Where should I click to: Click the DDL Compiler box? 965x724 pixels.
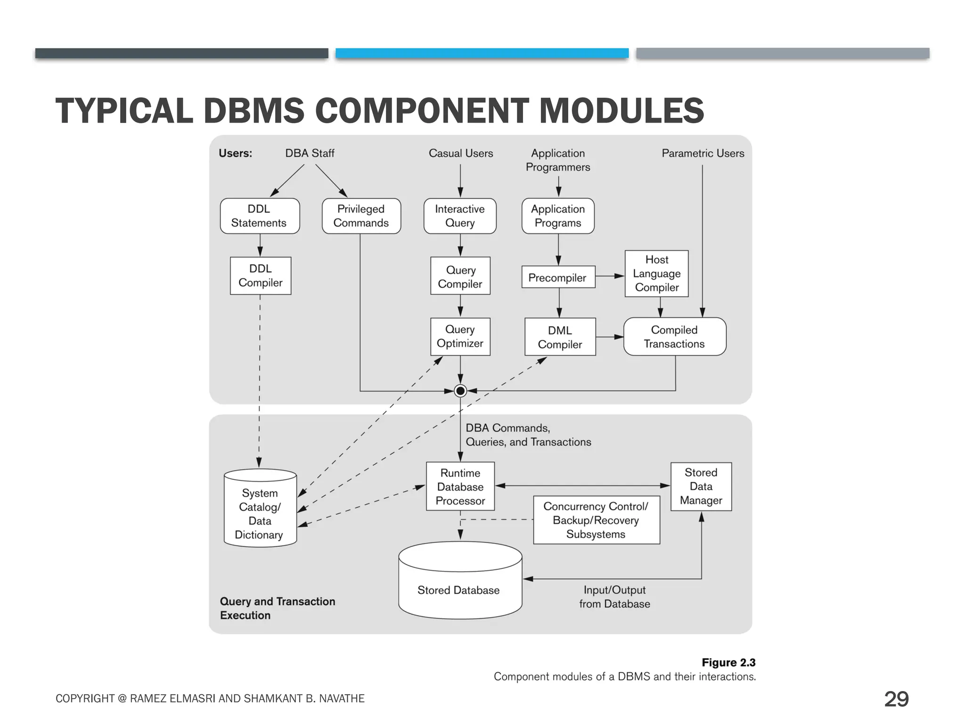pyautogui.click(x=260, y=276)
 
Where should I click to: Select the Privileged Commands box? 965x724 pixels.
pyautogui.click(x=361, y=216)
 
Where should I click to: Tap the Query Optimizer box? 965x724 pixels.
pyautogui.click(x=460, y=337)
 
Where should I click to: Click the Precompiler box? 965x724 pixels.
pyautogui.click(x=558, y=278)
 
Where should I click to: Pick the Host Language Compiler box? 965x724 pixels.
pyautogui.click(x=656, y=273)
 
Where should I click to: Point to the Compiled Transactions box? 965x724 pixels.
pyautogui.click(x=674, y=337)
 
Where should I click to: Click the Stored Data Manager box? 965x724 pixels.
pyautogui.click(x=701, y=486)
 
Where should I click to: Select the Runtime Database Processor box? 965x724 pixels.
pyautogui.click(x=460, y=486)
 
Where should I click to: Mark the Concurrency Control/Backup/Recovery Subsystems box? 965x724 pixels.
pyautogui.click(x=596, y=520)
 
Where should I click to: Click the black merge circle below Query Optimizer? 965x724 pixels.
pyautogui.click(x=460, y=391)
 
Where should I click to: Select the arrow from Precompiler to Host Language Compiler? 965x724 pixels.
pyautogui.click(x=610, y=276)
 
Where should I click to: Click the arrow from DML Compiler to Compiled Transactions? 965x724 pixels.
pyautogui.click(x=610, y=337)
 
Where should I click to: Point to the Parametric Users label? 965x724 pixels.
pyautogui.click(x=703, y=153)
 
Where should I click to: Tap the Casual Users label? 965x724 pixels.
pyautogui.click(x=460, y=153)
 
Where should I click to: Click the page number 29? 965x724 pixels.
pyautogui.click(x=896, y=699)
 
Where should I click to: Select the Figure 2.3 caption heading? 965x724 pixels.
pyautogui.click(x=728, y=662)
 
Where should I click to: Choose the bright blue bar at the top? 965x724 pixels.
pyautogui.click(x=482, y=53)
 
